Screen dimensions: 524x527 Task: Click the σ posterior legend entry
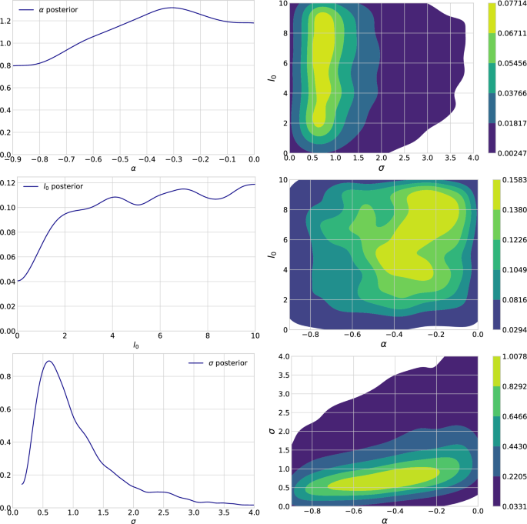pyautogui.click(x=218, y=363)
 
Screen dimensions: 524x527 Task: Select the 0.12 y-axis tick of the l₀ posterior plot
pyautogui.click(x=8, y=182)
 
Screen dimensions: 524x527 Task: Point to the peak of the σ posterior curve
pyautogui.click(x=48, y=361)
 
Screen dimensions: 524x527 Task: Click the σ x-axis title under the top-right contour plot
pyautogui.click(x=382, y=168)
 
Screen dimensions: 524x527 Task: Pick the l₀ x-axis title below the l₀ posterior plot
pyautogui.click(x=135, y=345)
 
